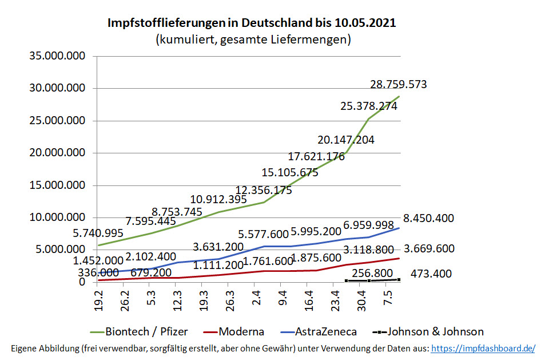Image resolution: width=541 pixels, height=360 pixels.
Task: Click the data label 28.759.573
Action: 398,85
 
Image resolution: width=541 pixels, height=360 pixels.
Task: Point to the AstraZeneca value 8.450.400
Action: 429,218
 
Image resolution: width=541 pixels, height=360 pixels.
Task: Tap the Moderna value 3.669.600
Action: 429,249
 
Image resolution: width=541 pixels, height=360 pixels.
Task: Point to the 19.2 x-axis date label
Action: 98,298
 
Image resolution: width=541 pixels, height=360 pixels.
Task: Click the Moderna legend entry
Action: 241,331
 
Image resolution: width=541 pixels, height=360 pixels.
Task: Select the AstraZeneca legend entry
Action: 325,331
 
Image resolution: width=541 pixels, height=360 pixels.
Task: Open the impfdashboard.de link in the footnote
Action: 483,348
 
